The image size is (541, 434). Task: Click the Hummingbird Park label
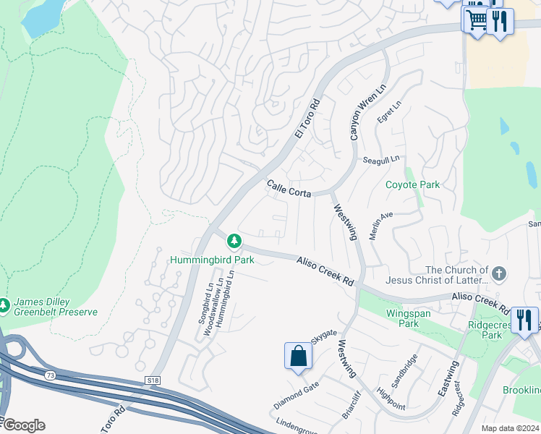click(212, 259)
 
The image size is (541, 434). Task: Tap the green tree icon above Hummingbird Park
click(233, 240)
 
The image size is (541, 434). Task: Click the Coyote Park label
click(412, 184)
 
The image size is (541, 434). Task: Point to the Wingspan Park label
click(399, 319)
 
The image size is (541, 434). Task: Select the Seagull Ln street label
click(381, 159)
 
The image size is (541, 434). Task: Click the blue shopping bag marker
click(298, 356)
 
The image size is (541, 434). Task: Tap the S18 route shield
click(152, 379)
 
